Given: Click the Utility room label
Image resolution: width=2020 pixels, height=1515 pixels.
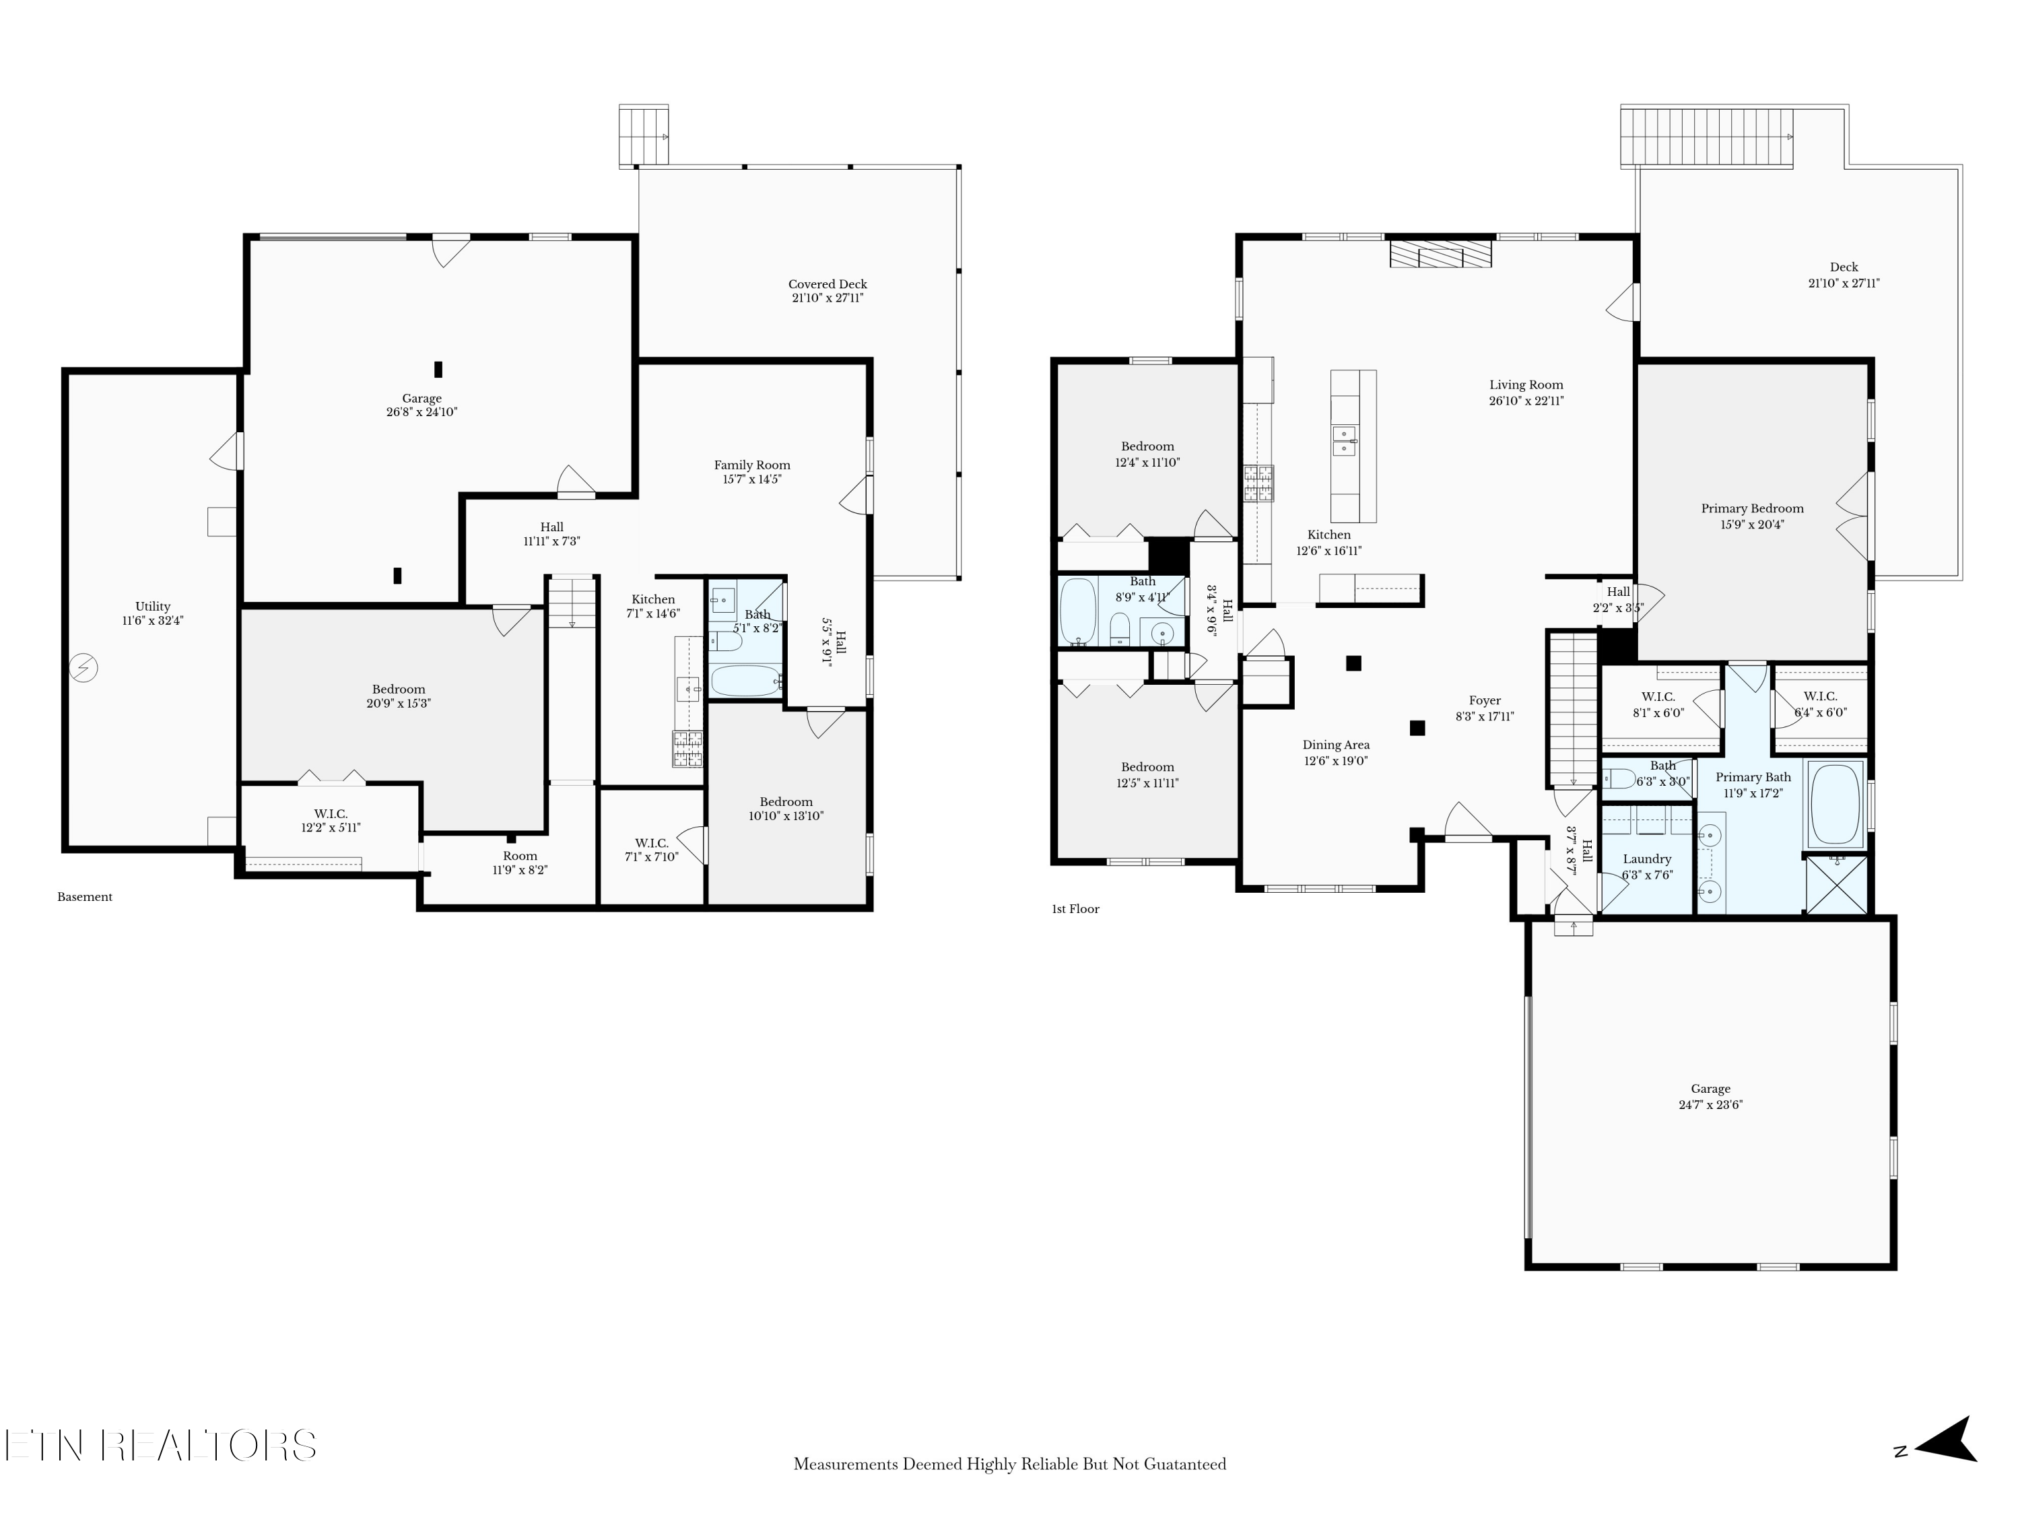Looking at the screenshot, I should (152, 607).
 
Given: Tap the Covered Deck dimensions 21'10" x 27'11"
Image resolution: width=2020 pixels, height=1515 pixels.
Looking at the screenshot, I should (828, 298).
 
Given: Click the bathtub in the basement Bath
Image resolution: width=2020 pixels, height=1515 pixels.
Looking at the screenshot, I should (745, 680).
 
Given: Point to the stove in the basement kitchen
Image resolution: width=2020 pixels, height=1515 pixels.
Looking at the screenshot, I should (687, 748).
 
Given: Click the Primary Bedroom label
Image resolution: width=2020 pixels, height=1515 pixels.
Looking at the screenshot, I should (1751, 508).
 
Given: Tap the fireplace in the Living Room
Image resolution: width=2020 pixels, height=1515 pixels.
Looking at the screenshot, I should (1440, 254).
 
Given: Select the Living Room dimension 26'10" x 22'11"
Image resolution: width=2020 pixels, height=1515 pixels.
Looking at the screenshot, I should (1526, 401).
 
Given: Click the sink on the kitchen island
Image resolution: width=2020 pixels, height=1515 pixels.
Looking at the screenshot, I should (1343, 440).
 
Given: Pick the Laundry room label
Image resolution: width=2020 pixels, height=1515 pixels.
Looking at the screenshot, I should (1646, 859).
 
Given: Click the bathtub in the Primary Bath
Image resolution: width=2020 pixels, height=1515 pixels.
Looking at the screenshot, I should (1836, 803).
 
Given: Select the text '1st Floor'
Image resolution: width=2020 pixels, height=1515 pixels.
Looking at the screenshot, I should (1075, 908).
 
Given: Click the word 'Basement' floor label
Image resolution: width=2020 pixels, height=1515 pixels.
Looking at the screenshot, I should (85, 897).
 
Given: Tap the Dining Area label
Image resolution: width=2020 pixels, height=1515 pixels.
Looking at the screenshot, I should (1335, 745).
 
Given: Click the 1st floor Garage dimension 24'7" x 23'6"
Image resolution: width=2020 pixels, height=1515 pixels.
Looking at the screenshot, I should (1710, 1104).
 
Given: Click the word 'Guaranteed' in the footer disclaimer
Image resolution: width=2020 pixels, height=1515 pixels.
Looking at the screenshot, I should (1182, 1464).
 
